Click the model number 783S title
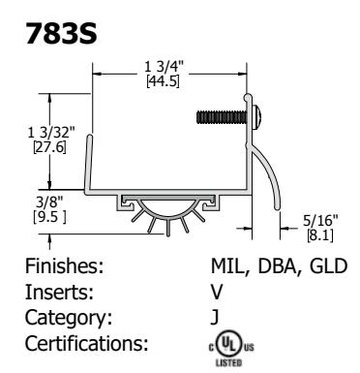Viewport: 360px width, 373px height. point(61,33)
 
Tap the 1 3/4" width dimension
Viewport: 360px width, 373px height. point(164,67)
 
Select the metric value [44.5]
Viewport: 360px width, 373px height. point(163,80)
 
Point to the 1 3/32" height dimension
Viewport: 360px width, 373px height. point(51,133)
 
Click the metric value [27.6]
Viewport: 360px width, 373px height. point(49,147)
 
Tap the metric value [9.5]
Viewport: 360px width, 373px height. point(49,216)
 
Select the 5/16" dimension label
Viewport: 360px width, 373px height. point(320,221)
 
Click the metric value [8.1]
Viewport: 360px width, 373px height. point(320,234)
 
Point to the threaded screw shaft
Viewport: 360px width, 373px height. point(222,117)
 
